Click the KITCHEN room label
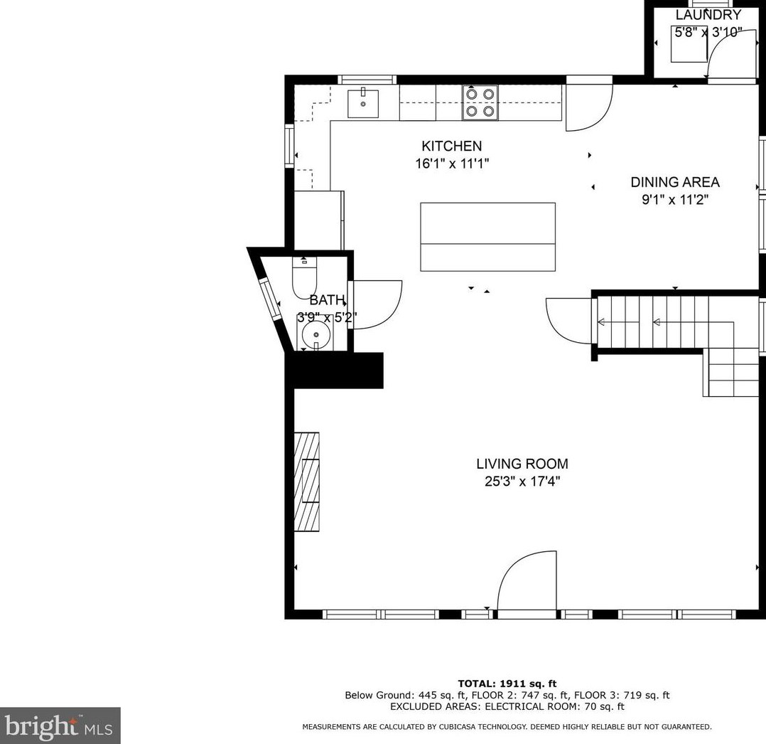point(451,146)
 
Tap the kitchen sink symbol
point(362,104)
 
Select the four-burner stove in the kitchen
point(480,102)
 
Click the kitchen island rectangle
point(487,237)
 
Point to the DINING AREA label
point(674,182)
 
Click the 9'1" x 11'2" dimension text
point(674,200)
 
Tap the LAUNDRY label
point(708,15)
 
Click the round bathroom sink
point(315,334)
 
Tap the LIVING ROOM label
point(522,464)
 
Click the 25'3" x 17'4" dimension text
point(522,482)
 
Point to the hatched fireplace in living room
point(307,482)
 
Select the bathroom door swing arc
point(377,304)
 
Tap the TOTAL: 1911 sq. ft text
point(507,684)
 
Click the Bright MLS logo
point(60,726)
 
